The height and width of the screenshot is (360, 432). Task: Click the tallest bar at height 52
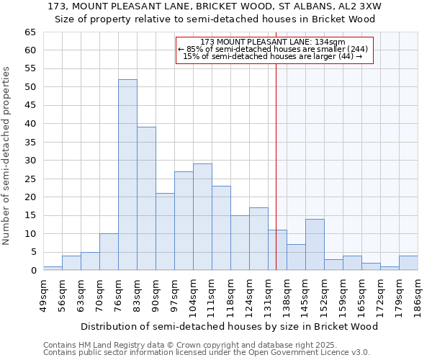127,175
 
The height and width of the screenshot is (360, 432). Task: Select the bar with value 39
146,199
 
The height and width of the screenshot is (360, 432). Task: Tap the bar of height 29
202,217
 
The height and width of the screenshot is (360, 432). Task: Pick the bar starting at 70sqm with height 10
109,252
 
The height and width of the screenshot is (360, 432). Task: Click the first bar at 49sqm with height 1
53,268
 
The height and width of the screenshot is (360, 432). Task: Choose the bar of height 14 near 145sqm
315,245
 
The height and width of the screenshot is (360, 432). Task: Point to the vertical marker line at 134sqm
276,166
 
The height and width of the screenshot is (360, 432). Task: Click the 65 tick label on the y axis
30,32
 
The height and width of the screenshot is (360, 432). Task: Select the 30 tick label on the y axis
30,161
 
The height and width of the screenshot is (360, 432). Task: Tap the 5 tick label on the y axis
32,252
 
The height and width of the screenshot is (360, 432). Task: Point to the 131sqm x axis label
269,294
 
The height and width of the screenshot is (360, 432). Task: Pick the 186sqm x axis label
418,294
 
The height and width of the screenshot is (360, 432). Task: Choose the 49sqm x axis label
44,294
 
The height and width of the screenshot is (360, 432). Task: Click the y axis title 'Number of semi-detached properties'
7,156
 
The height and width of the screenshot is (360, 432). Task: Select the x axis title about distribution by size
230,326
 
